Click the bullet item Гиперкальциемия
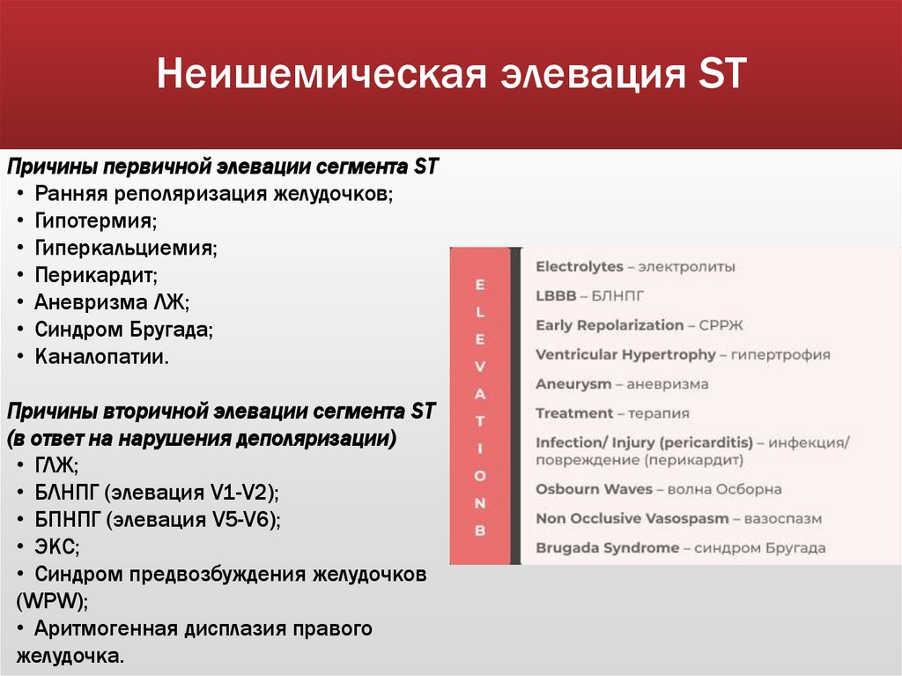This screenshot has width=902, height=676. click(126, 248)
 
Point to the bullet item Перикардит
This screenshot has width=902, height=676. click(96, 275)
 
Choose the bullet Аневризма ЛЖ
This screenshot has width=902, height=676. click(112, 302)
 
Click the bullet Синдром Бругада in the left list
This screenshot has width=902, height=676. click(124, 330)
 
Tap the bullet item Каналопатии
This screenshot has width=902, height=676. click(101, 357)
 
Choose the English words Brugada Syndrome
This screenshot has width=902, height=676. click(607, 547)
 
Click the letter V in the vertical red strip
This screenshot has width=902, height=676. click(480, 364)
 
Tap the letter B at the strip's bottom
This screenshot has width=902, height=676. click(480, 531)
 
